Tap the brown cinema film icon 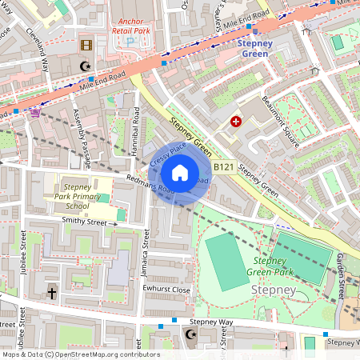click(x=86, y=45)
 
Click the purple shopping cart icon click(x=34, y=112)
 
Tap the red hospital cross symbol click(x=236, y=122)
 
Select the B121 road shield click(x=223, y=167)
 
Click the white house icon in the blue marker click(x=180, y=172)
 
